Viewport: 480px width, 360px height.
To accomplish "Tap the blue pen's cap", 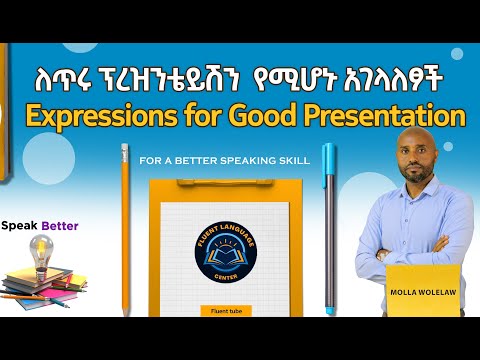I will pos(329,162).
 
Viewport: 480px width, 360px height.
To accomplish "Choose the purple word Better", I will pos(60,226).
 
